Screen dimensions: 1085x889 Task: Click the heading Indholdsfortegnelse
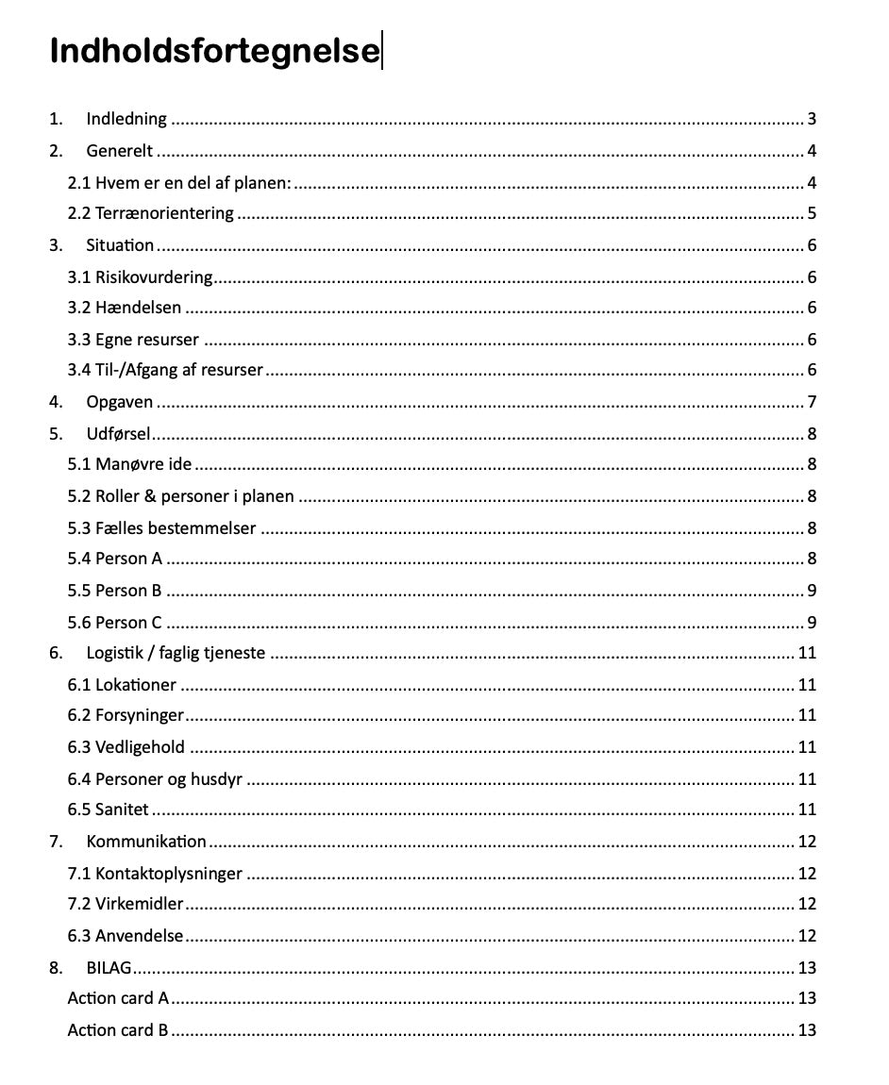pos(213,51)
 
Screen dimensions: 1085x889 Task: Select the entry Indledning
pos(126,119)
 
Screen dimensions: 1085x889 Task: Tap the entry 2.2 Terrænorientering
pos(151,213)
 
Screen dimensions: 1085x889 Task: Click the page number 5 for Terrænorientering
pos(812,213)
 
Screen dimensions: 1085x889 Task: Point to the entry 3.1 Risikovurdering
pos(140,277)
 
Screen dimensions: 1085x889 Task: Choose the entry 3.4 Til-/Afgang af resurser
pos(165,370)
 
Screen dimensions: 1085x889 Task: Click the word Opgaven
pos(119,403)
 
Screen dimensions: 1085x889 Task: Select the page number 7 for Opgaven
pos(812,403)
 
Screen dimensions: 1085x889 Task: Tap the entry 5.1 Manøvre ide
pos(129,464)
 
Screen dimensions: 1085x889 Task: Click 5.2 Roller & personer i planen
pos(180,496)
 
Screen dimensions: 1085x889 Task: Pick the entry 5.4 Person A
pos(115,559)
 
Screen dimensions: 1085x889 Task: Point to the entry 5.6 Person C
pos(115,623)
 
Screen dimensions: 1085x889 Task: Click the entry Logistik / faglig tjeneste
pos(176,653)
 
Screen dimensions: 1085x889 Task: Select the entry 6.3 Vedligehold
pos(126,748)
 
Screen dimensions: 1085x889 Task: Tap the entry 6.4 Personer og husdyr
pos(156,779)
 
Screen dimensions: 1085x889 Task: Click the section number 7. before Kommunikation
pos(57,842)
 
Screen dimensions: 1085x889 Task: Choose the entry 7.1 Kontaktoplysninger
pos(155,874)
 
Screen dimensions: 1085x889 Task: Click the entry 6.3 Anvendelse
pos(126,936)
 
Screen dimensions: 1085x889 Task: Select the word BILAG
pos(109,968)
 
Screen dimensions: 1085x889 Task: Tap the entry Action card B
pos(118,1030)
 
